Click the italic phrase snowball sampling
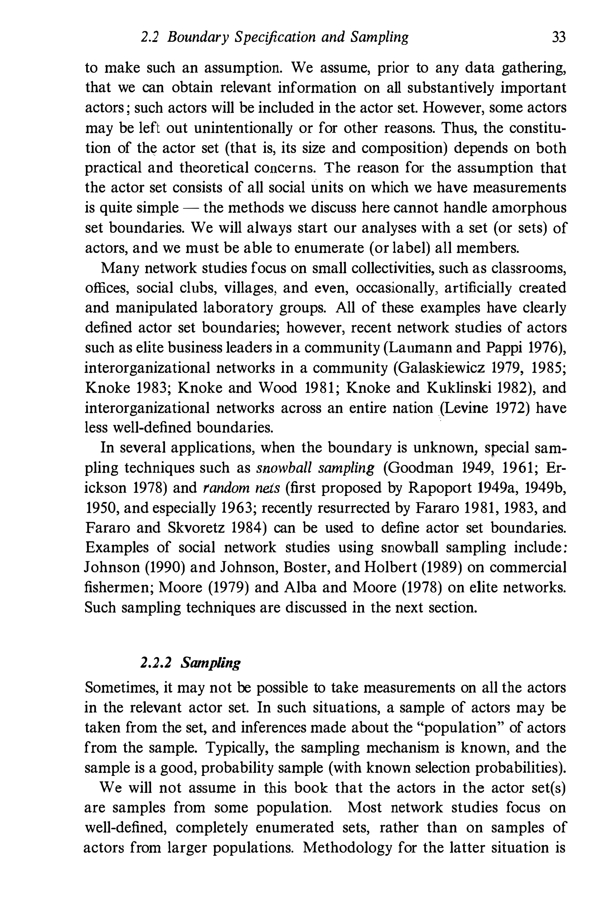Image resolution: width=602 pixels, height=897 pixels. pos(315,468)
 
